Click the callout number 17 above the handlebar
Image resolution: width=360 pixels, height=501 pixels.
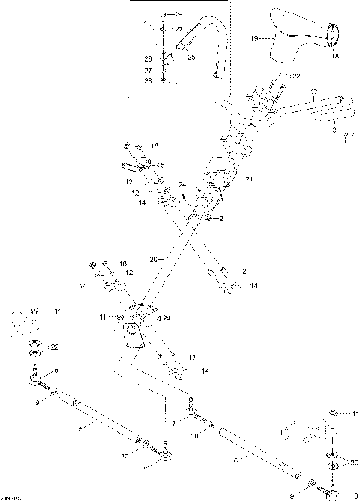(x=315, y=91)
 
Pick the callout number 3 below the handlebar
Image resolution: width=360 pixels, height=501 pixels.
(x=334, y=129)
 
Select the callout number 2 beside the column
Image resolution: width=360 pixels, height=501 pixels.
(x=222, y=218)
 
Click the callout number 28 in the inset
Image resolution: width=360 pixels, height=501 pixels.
(x=148, y=80)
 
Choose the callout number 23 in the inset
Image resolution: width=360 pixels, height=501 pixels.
(x=148, y=58)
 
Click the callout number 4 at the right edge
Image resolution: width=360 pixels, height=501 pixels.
(x=344, y=136)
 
